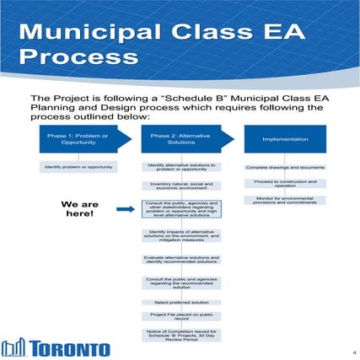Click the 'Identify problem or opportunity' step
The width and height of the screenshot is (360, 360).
click(x=72, y=167)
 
